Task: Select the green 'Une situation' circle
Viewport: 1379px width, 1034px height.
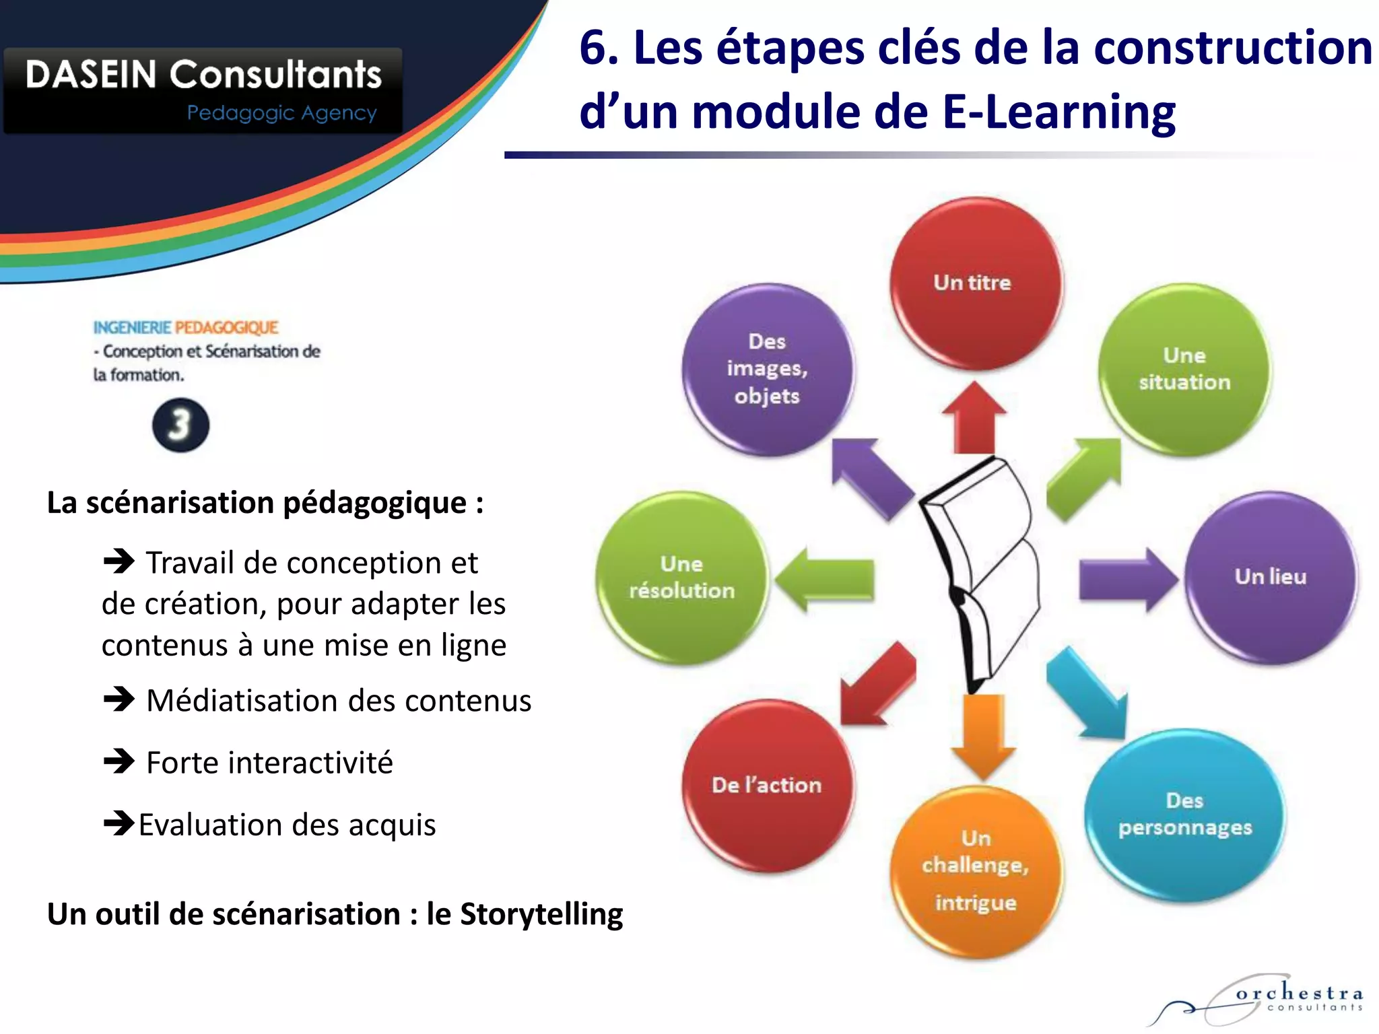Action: point(1184,369)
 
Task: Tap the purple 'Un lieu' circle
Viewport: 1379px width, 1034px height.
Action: point(1271,577)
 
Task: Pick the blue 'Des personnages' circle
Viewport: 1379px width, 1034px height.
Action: point(1184,815)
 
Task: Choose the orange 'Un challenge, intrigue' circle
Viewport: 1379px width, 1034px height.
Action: point(976,871)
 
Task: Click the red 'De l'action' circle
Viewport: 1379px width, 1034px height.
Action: point(767,785)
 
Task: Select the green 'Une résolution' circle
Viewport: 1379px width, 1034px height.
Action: point(682,577)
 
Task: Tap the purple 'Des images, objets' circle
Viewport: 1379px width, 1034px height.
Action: point(767,369)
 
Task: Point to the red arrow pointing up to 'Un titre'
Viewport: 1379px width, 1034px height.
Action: point(974,417)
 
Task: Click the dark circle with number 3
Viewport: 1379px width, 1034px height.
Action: point(180,425)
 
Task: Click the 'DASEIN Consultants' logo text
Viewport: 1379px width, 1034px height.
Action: point(203,74)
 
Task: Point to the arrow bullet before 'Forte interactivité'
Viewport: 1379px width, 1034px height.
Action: point(119,761)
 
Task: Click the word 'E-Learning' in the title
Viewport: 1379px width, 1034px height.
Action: point(1058,112)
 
